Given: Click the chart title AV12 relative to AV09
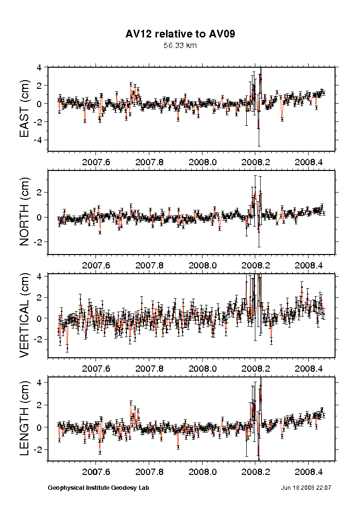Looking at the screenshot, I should [180, 34].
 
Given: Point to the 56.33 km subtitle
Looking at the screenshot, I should [180, 46].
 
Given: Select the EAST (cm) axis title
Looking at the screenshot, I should [25, 109].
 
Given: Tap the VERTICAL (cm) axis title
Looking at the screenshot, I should [25, 315].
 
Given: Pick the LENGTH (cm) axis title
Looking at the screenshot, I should [25, 419].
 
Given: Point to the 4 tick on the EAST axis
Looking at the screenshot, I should [42, 67].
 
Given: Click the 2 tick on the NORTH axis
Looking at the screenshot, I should [42, 193].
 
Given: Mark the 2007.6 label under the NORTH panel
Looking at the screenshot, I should [97, 265].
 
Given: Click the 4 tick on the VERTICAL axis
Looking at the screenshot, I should [42, 277].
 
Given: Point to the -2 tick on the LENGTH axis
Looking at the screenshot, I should [40, 449].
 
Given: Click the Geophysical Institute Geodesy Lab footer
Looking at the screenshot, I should [98, 488].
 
